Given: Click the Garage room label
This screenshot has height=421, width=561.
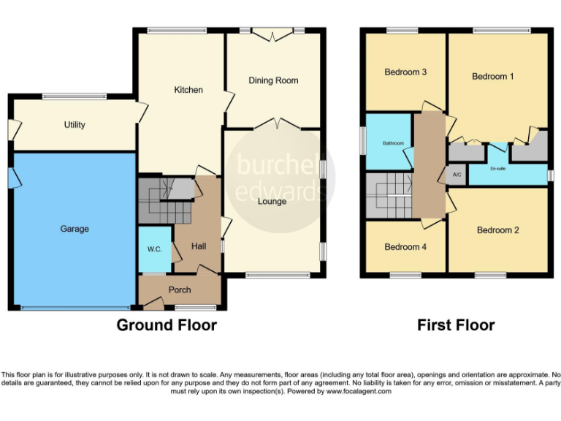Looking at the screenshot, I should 75,229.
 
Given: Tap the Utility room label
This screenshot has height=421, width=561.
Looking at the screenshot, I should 75,125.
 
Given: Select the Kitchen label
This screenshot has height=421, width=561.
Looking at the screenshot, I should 188,90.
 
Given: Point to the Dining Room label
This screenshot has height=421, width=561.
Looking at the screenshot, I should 274,80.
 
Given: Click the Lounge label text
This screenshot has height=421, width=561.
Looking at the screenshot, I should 272,201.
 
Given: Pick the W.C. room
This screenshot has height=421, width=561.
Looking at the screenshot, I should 154,249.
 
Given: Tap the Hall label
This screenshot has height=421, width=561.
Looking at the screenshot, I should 199,247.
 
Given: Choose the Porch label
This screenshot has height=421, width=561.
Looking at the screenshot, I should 180,289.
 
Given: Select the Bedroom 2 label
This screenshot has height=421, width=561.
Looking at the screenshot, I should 498,230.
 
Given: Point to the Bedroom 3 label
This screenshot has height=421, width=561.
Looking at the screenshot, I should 405,72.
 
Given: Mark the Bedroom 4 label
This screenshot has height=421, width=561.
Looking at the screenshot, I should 405,247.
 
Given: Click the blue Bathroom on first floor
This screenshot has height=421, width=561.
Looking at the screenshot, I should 388,143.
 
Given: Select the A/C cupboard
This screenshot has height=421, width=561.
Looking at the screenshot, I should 457,175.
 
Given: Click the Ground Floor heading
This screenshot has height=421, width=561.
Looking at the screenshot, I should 167,325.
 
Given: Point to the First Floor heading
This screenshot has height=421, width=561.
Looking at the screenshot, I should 456,325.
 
